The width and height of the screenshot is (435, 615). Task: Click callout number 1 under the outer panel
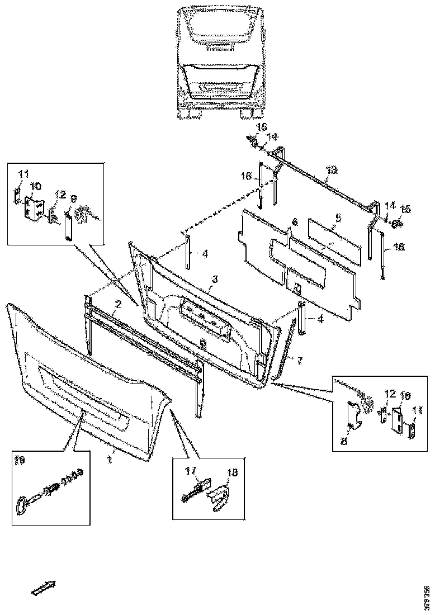[110, 458]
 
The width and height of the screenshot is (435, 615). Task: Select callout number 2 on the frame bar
[118, 305]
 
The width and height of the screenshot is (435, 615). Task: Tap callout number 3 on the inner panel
[214, 278]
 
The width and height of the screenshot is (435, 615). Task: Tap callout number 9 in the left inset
[73, 198]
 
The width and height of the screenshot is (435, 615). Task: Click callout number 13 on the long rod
[332, 170]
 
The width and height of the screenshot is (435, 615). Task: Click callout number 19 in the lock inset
[19, 461]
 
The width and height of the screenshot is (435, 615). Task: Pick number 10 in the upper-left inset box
[35, 186]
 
